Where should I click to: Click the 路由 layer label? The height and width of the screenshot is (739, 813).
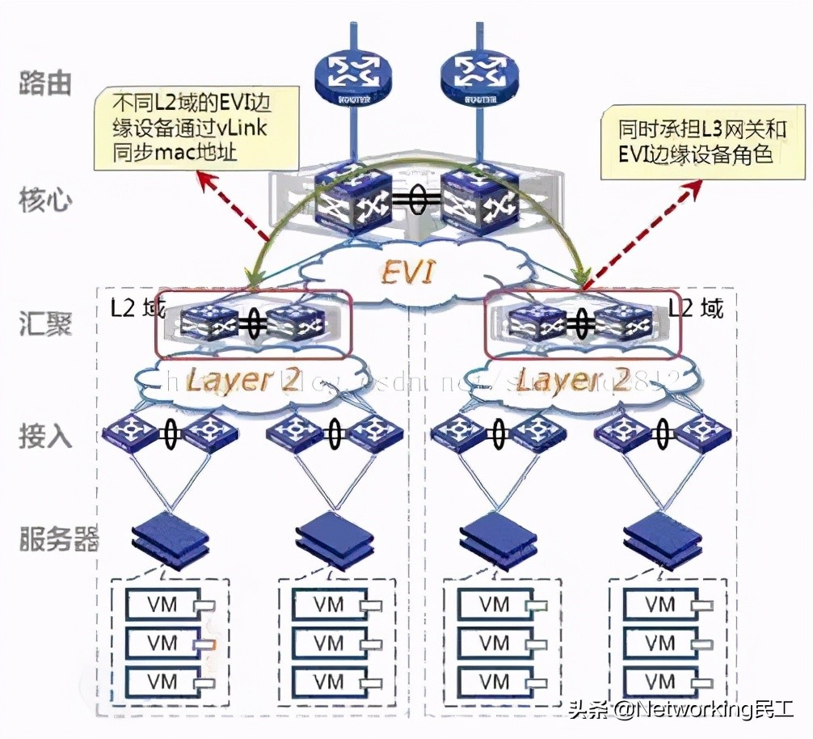pyautogui.click(x=45, y=82)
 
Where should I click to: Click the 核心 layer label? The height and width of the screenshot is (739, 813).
pyautogui.click(x=45, y=201)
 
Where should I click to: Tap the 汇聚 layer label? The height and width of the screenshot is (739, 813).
pyautogui.click(x=45, y=324)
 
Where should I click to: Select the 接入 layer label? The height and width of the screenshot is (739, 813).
pyautogui.click(x=45, y=437)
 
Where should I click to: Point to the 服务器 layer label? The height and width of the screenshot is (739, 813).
pyautogui.click(x=58, y=538)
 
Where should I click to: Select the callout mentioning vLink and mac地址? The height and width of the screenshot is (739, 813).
pyautogui.click(x=195, y=129)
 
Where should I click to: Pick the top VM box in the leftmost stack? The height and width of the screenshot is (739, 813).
pyautogui.click(x=162, y=604)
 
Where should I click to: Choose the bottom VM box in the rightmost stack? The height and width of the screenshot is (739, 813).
pyautogui.click(x=661, y=681)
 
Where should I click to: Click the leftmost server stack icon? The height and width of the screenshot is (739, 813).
pyautogui.click(x=169, y=535)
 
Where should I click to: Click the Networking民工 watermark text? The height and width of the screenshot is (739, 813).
pyautogui.click(x=680, y=710)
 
